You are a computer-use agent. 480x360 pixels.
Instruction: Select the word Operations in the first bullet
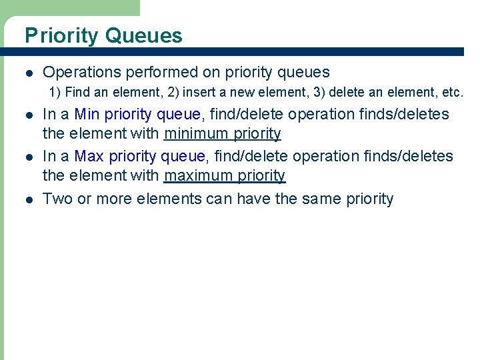79,72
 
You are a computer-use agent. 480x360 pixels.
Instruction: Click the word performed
159,72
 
